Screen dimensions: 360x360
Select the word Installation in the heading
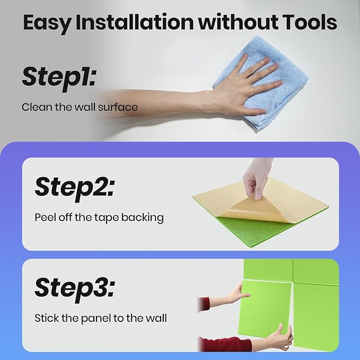(135, 22)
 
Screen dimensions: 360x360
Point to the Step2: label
(75, 189)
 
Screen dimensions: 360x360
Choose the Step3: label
(75, 289)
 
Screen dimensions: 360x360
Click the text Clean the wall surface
(80, 107)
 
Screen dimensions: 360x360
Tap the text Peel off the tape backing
(99, 217)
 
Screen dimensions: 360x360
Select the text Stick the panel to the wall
(101, 319)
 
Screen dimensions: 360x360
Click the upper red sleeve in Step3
(204, 305)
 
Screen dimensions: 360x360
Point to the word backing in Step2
(143, 218)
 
